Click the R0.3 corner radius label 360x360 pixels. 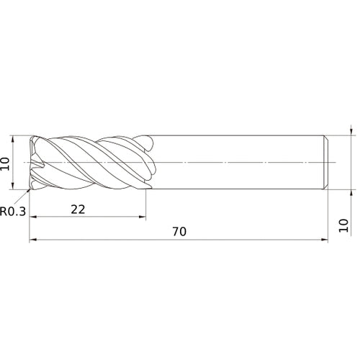pos(15,212)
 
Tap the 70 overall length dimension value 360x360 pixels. pos(179,232)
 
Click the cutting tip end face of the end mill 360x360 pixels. pos(32,163)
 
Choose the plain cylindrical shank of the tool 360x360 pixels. pos(238,163)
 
